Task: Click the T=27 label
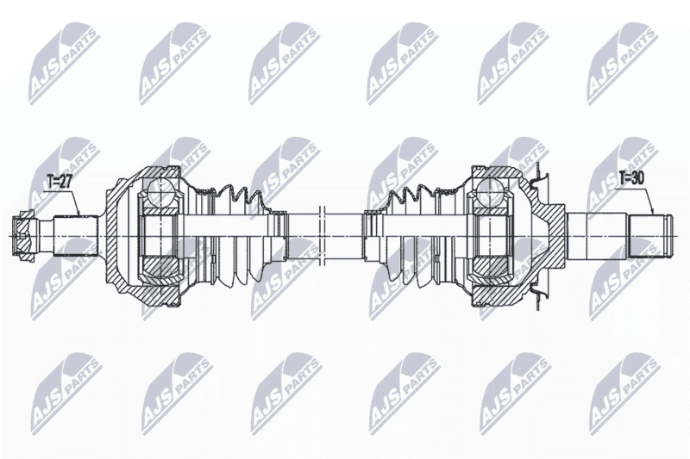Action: pos(59,182)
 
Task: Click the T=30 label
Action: pos(631,177)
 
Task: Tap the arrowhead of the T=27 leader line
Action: pos(79,214)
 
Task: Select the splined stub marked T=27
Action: pos(75,235)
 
